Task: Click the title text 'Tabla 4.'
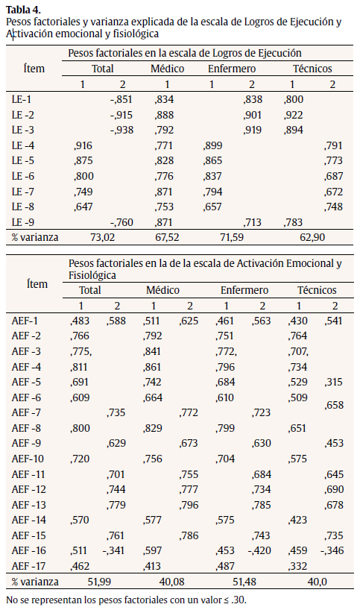(x=23, y=10)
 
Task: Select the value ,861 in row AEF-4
(x=153, y=367)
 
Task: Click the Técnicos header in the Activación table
(x=318, y=290)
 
